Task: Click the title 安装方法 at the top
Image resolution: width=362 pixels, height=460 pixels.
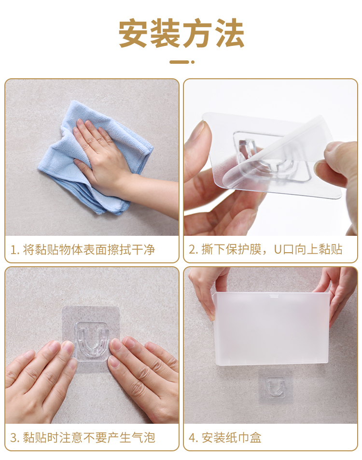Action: coord(181,33)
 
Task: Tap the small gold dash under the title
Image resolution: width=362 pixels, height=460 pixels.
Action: coord(182,62)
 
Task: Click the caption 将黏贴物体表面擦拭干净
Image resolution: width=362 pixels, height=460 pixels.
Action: coord(89,250)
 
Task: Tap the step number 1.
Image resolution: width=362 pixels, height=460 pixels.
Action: coord(14,250)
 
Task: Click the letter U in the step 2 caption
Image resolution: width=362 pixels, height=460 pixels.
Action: coord(278,249)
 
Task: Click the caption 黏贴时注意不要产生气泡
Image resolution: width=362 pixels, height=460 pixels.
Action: coord(89,437)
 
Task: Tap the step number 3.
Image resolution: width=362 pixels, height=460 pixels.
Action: coord(14,437)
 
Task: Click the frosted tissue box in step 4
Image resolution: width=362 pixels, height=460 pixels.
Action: coord(271,329)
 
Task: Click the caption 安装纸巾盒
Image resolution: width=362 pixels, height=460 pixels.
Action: coord(231,437)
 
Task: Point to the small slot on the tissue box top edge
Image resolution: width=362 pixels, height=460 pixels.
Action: coord(274,296)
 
